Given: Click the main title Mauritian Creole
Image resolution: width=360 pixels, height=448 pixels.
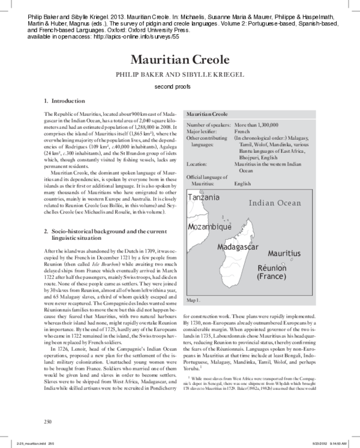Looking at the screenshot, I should click(180, 60).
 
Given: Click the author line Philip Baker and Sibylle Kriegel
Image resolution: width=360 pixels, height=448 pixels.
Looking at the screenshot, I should click(180, 76).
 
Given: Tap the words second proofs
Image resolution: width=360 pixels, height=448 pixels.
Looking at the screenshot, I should click(179, 88).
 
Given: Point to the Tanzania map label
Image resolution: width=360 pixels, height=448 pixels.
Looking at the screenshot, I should click(203, 198).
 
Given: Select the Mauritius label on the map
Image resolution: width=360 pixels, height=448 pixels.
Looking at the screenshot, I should click(284, 254).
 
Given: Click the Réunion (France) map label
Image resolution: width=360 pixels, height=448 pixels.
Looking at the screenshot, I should click(275, 272).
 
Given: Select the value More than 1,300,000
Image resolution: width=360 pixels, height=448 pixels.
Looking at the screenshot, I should click(256, 125).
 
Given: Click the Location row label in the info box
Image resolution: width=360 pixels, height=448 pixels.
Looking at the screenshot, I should click(197, 164).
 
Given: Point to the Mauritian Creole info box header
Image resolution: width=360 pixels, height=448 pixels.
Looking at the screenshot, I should click(208, 113).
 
